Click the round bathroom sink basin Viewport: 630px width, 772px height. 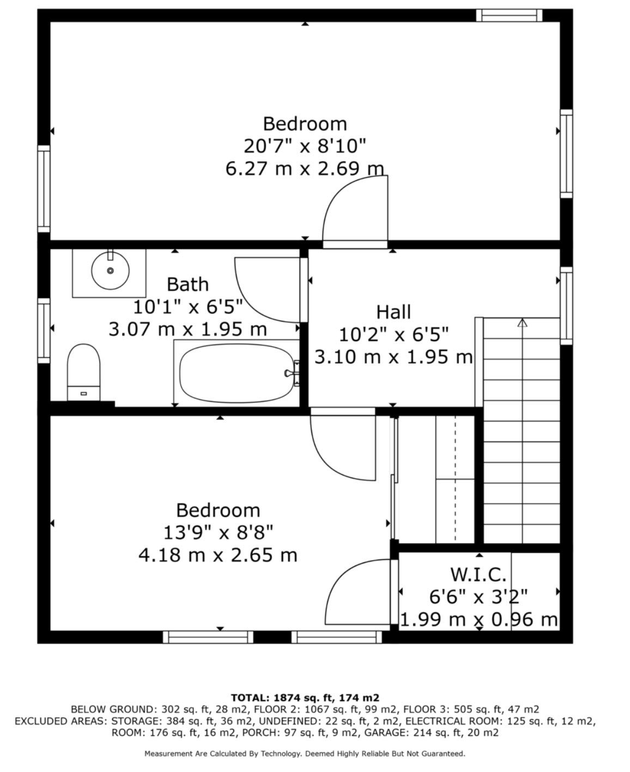click(110, 271)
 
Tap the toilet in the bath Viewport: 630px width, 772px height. click(83, 372)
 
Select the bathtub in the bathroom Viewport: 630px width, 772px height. click(237, 373)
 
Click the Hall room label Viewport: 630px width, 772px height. click(393, 312)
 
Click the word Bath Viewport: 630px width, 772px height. click(187, 284)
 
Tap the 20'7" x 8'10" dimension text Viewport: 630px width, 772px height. click(305, 146)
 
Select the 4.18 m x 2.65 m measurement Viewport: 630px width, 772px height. click(217, 555)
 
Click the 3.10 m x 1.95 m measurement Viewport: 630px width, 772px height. click(393, 357)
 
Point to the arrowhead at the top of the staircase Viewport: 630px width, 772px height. click(522, 323)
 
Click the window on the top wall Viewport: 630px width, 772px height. click(509, 15)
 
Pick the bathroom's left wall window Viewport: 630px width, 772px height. click(44, 331)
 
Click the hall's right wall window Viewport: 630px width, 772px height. click(566, 306)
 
